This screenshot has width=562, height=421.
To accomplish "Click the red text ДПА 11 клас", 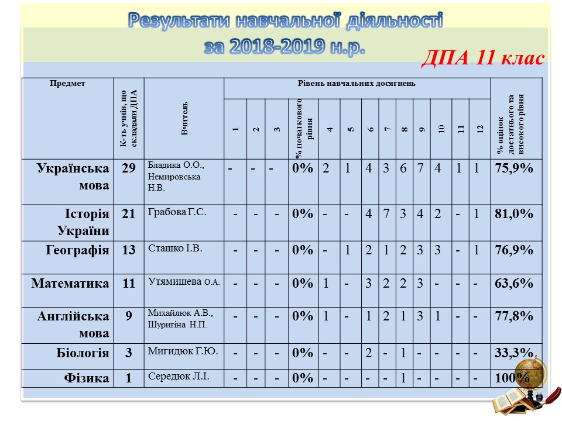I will [x=483, y=58].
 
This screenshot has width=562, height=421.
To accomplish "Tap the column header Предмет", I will [x=67, y=84].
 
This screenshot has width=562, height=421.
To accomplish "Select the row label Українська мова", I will [x=73, y=177].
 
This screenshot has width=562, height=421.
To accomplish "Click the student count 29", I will [x=129, y=169].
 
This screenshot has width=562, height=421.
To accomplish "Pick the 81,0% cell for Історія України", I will [x=513, y=214].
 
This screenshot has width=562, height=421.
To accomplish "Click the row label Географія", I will [x=77, y=250].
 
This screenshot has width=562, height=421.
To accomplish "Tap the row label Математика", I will [x=70, y=284].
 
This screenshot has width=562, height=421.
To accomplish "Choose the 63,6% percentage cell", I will [x=513, y=284].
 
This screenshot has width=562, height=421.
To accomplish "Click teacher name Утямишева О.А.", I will [x=184, y=282].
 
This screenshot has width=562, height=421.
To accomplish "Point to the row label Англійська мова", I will [x=73, y=325].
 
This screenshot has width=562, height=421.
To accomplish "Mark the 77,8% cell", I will [x=513, y=316].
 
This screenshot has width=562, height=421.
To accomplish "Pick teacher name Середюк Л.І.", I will [x=179, y=376].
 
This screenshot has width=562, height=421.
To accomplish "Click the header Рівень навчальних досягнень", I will [x=357, y=84].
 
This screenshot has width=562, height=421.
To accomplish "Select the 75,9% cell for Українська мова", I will [x=513, y=169].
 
